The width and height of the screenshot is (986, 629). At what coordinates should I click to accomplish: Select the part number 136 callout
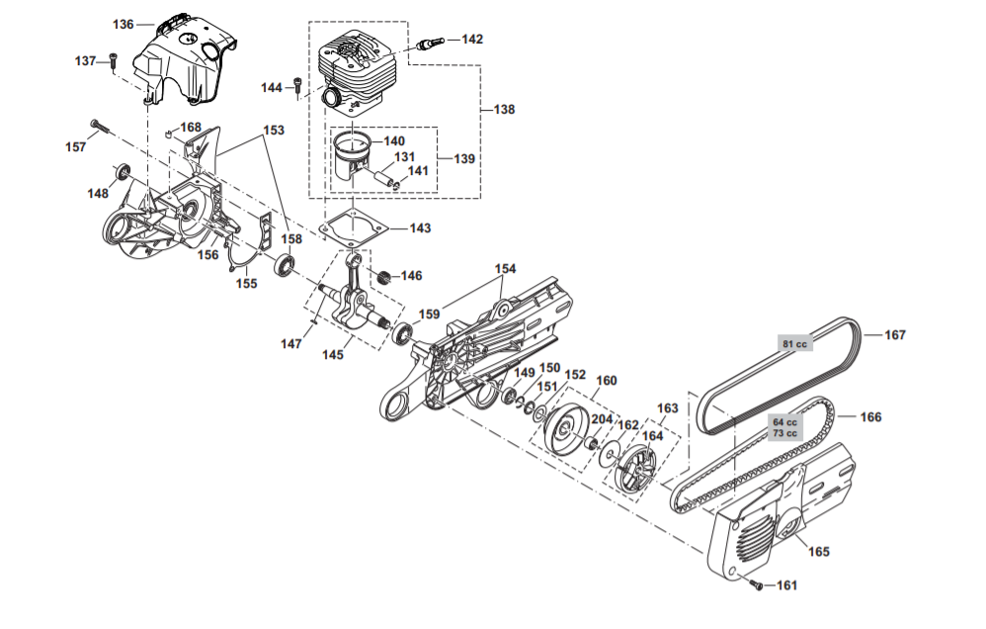123,24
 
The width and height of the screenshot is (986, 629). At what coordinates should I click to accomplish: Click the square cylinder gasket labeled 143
354,228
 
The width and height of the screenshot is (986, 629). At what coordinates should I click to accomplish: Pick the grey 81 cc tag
795,344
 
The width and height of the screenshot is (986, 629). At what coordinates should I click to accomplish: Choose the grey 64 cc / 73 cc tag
784,427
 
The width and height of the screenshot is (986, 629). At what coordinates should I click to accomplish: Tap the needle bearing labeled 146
385,276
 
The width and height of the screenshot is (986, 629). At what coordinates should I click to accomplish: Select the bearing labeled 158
285,264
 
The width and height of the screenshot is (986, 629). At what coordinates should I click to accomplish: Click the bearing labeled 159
402,333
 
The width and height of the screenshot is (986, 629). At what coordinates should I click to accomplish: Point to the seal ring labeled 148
122,172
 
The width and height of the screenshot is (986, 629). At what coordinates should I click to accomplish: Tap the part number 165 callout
818,551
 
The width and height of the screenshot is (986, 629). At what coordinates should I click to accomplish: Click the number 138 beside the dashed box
504,109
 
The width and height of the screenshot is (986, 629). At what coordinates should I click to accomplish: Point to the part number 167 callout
894,335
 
